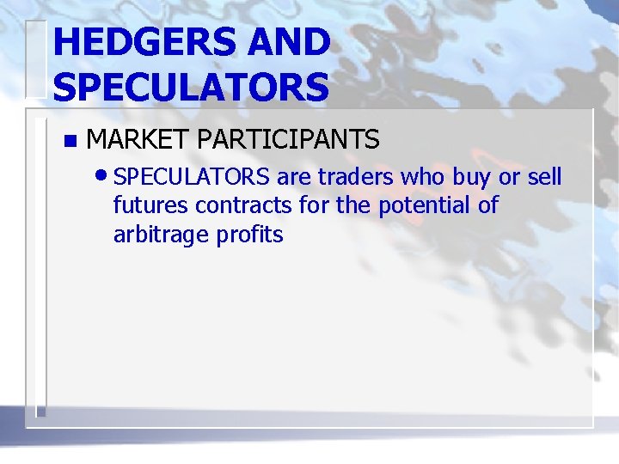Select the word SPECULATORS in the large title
click(x=191, y=87)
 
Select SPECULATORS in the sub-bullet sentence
click(x=192, y=178)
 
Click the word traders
click(x=355, y=178)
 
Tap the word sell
click(x=544, y=178)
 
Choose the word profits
click(x=249, y=235)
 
